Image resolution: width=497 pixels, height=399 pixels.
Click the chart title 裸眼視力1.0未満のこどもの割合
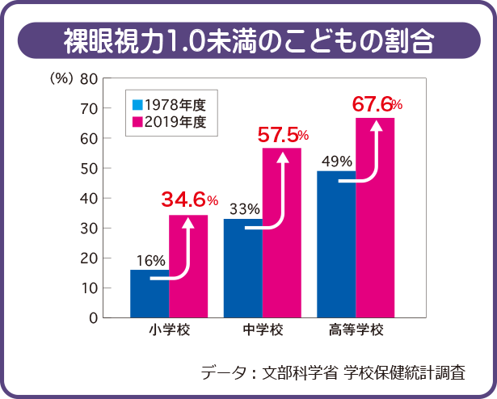247,39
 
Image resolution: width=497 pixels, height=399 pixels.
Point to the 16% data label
150,260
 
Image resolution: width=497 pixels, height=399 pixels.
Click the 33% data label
244,209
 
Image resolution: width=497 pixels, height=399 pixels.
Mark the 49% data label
337,161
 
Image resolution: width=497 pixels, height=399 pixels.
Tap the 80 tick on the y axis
89,78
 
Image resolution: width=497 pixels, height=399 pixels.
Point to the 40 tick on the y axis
89,198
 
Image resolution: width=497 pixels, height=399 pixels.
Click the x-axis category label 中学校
263,331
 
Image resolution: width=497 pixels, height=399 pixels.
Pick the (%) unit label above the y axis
61,78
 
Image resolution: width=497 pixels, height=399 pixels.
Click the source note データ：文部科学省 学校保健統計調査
333,372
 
